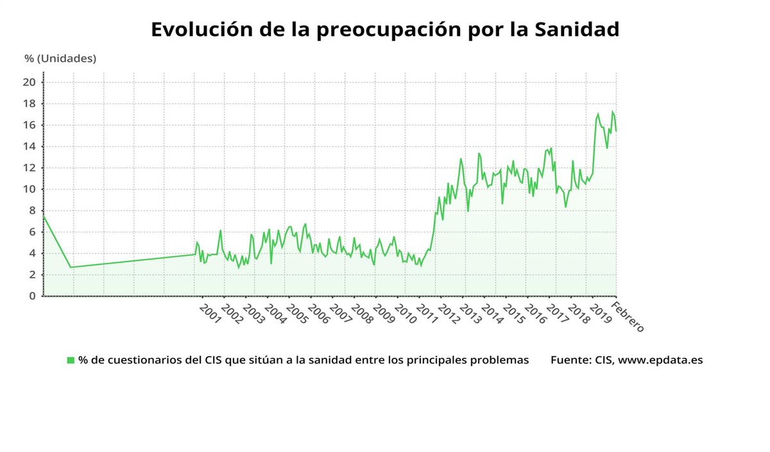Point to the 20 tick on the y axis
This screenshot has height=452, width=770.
coord(30,82)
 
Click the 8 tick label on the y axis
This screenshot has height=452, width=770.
coord(31,210)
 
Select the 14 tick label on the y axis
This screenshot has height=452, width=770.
coord(30,146)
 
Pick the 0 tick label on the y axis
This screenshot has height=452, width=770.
coord(31,296)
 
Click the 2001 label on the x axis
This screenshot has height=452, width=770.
coord(210,314)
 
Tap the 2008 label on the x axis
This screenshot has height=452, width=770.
coord(362,314)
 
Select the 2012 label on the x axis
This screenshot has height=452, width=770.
coord(448,314)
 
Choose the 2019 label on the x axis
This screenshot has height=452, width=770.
coord(599,314)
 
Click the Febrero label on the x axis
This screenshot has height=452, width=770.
coord(628,316)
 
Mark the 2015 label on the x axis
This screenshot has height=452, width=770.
coord(513,314)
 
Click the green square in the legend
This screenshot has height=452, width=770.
coord(71,360)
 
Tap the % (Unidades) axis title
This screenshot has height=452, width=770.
coord(60,58)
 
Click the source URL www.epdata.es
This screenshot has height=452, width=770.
coord(660,360)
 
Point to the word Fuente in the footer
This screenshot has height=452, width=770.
coord(567,360)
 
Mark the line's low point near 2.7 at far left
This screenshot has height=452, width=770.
coord(71,267)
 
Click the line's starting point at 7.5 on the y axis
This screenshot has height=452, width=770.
coord(44,216)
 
